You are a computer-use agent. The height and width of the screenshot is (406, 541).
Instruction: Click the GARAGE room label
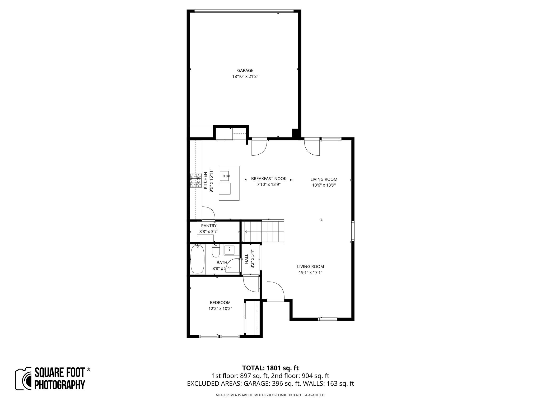[245, 71]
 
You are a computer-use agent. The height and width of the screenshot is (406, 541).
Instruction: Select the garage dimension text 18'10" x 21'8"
[245, 77]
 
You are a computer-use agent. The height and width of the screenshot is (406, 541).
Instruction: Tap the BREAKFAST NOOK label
[268, 179]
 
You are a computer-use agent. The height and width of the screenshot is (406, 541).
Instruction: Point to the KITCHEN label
[205, 181]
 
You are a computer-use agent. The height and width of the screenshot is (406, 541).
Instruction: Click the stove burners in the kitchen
[196, 181]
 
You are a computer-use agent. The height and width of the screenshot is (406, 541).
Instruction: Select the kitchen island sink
[225, 176]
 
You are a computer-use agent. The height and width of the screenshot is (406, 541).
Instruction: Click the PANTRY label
[209, 226]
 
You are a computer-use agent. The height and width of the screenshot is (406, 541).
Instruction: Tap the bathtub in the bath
[197, 259]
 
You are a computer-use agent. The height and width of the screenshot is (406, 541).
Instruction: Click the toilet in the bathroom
[216, 251]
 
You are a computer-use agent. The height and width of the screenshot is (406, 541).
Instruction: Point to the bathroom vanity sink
[229, 250]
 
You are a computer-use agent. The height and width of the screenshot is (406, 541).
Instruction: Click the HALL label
[246, 259]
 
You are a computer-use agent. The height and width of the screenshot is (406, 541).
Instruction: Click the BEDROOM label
[220, 303]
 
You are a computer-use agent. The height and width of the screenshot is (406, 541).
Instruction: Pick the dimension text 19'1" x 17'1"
[310, 273]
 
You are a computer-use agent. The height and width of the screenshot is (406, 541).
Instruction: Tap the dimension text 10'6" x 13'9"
[324, 185]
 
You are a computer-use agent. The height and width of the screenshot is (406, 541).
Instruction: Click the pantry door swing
[208, 214]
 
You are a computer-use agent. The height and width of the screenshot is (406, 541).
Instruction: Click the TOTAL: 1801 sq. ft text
[270, 368]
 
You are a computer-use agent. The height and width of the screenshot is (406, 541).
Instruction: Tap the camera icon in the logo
[24, 379]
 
